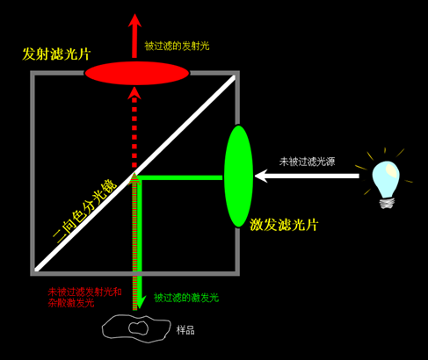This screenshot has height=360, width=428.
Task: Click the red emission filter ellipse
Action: click(x=137, y=73)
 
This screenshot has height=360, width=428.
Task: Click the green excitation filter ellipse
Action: click(x=238, y=176)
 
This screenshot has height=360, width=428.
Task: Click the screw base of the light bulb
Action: click(x=387, y=203)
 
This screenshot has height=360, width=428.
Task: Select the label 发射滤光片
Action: click(x=56, y=54)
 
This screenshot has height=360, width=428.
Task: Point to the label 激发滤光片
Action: click(x=284, y=225)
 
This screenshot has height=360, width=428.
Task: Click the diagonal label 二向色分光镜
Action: click(x=84, y=210)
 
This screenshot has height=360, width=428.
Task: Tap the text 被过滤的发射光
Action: click(x=177, y=46)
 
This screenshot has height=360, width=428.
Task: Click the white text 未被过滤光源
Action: click(x=307, y=162)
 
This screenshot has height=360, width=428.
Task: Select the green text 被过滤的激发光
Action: click(x=186, y=298)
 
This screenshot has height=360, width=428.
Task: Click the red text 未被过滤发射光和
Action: click(x=84, y=292)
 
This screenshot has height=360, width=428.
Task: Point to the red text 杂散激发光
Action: click(x=71, y=303)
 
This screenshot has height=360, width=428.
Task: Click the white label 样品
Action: click(x=185, y=330)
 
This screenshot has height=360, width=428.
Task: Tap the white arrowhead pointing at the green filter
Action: click(x=261, y=176)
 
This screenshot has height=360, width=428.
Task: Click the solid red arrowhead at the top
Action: click(x=134, y=20)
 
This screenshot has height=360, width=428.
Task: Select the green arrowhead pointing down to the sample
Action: click(x=140, y=303)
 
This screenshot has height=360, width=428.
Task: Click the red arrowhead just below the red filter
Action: click(x=134, y=93)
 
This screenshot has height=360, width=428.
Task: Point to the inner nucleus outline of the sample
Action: click(x=138, y=328)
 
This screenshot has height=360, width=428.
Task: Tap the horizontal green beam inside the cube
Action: click(x=179, y=177)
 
